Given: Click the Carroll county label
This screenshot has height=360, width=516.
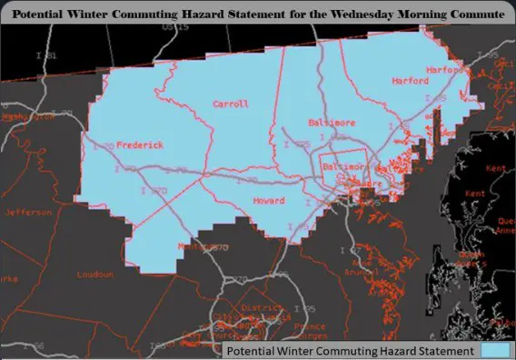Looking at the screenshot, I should (x=230, y=105).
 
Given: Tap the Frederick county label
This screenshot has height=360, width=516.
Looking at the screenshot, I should (x=140, y=145).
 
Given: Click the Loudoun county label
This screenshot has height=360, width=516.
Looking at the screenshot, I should (x=94, y=275).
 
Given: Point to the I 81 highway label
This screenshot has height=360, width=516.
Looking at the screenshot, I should (x=50, y=56).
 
